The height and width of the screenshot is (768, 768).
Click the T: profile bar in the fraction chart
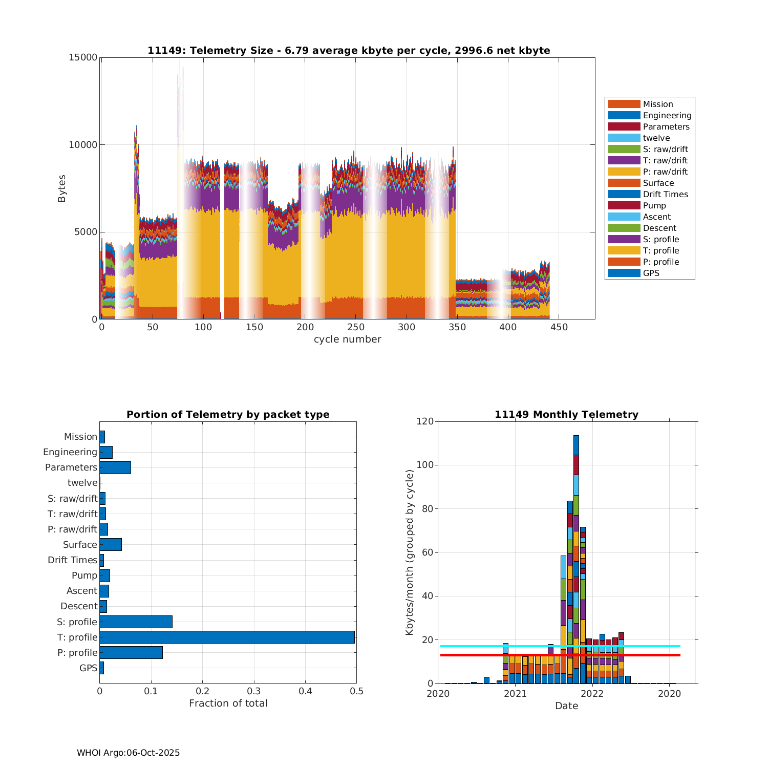pyautogui.click(x=227, y=637)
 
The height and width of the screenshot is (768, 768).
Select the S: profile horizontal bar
pyautogui.click(x=136, y=622)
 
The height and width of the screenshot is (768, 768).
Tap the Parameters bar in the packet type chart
pyautogui.click(x=115, y=467)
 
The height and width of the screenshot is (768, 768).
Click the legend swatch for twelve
pyautogui.click(x=624, y=138)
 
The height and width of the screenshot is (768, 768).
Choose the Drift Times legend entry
pyautogui.click(x=665, y=194)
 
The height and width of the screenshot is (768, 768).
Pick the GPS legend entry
pyautogui.click(x=651, y=273)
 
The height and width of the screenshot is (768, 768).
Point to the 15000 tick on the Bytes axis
pyautogui.click(x=83, y=57)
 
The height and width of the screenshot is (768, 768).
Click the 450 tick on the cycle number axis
pyautogui.click(x=559, y=327)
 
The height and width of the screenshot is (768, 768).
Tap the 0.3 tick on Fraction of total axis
pyautogui.click(x=254, y=691)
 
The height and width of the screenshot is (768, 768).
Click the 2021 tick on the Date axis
pyautogui.click(x=515, y=693)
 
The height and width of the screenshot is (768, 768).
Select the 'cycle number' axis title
pyautogui.click(x=347, y=339)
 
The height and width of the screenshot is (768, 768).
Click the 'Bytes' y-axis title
pyautogui.click(x=62, y=188)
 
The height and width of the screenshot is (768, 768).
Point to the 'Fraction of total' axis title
pyautogui.click(x=228, y=703)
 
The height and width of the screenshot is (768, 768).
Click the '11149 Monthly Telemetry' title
pyautogui.click(x=566, y=414)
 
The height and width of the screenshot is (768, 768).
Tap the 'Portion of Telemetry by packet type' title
pyautogui.click(x=228, y=414)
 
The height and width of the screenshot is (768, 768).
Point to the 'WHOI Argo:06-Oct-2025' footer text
pyautogui.click(x=128, y=753)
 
